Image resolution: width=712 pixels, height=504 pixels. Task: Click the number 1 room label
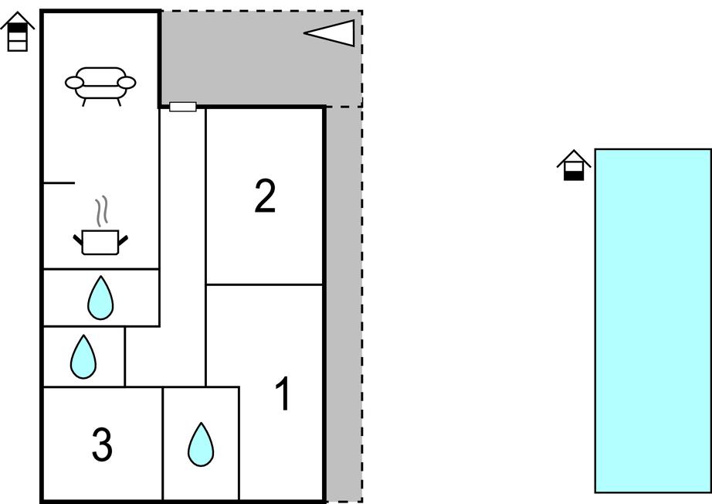coord(284,394)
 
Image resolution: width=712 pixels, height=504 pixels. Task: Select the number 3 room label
coord(102,444)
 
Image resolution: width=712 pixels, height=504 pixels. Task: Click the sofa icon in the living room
coord(100,84)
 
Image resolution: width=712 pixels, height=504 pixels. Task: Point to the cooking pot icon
coord(100,241)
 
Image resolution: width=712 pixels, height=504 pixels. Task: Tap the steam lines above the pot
coord(101,210)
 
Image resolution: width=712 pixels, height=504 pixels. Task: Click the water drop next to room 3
coord(201,444)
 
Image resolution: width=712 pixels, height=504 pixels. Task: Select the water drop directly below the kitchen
coord(100,298)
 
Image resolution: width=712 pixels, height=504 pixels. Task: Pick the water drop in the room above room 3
coord(83,356)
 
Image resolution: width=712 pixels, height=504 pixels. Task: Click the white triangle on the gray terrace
coord(334,33)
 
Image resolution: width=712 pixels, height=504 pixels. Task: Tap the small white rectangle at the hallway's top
coord(182,107)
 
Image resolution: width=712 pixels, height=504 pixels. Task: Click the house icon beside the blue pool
coord(574,165)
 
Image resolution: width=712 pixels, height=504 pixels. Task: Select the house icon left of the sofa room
coord(18,32)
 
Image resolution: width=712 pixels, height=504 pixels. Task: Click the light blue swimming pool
coord(653,321)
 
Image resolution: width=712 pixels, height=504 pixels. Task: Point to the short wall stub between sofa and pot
coord(59,183)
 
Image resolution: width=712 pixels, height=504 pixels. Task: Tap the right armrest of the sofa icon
coord(127,82)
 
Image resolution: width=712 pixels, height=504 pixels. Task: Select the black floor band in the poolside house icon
coord(574,175)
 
